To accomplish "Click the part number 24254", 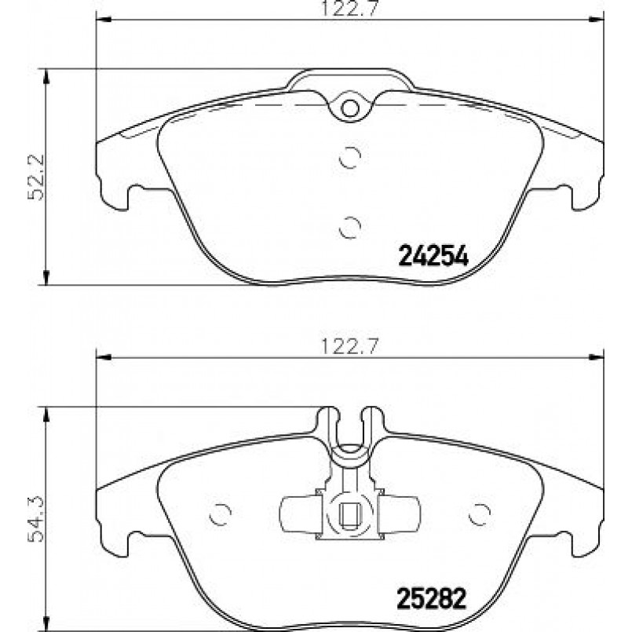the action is tap(433, 257).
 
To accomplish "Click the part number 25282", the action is tap(432, 598).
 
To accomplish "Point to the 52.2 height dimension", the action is tap(36, 177).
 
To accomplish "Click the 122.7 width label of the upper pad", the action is tap(349, 9).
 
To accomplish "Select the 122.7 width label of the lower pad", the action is tap(349, 346).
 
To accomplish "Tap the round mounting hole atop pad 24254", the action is tap(349, 108).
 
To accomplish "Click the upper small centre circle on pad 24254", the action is tap(350, 157).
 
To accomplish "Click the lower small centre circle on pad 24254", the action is tap(350, 228).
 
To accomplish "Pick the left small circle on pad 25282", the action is tap(221, 515).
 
